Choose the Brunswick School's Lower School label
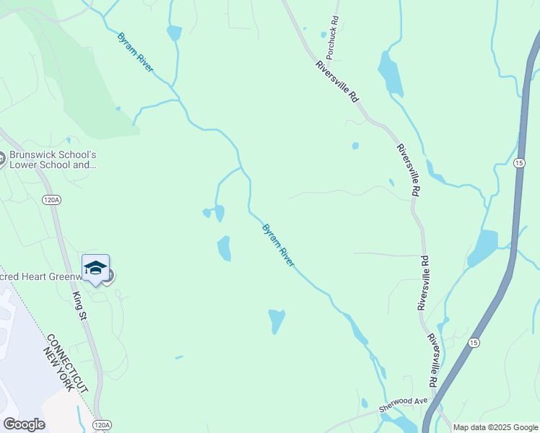(52, 159)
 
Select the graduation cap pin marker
(95, 269)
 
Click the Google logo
(24, 424)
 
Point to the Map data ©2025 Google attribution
(495, 427)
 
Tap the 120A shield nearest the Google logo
(103, 425)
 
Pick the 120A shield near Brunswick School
(51, 200)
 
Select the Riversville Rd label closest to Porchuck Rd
(337, 80)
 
